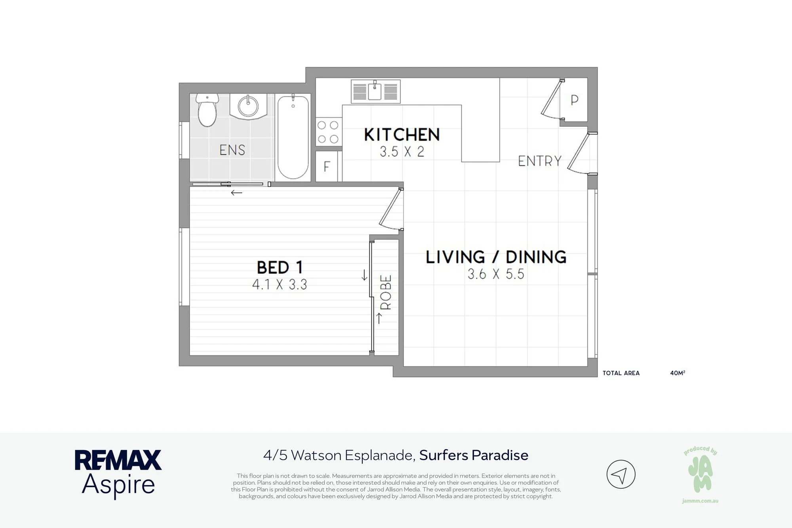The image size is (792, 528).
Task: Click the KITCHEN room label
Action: click(402, 135)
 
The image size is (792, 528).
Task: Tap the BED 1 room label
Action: click(280, 267)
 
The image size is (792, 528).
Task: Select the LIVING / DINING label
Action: click(496, 257)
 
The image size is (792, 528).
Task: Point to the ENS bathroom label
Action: click(232, 150)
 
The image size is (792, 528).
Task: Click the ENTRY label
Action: click(540, 161)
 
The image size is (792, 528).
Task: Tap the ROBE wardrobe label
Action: click(386, 292)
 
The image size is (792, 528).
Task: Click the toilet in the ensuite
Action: click(207, 110)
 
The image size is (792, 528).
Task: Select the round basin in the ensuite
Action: click(248, 106)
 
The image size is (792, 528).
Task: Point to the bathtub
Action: click(293, 137)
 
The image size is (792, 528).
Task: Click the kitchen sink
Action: click(375, 91)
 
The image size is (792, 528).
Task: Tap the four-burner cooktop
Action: click(328, 132)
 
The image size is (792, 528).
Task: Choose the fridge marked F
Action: click(327, 166)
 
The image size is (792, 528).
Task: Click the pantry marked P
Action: click(574, 100)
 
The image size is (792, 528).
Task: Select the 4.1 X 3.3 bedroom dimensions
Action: click(280, 284)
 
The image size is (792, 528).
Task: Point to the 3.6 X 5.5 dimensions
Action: click(496, 274)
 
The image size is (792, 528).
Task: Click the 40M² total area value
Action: click(678, 373)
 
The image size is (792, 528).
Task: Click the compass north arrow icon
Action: click(621, 474)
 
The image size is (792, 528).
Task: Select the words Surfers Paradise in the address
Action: click(474, 456)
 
